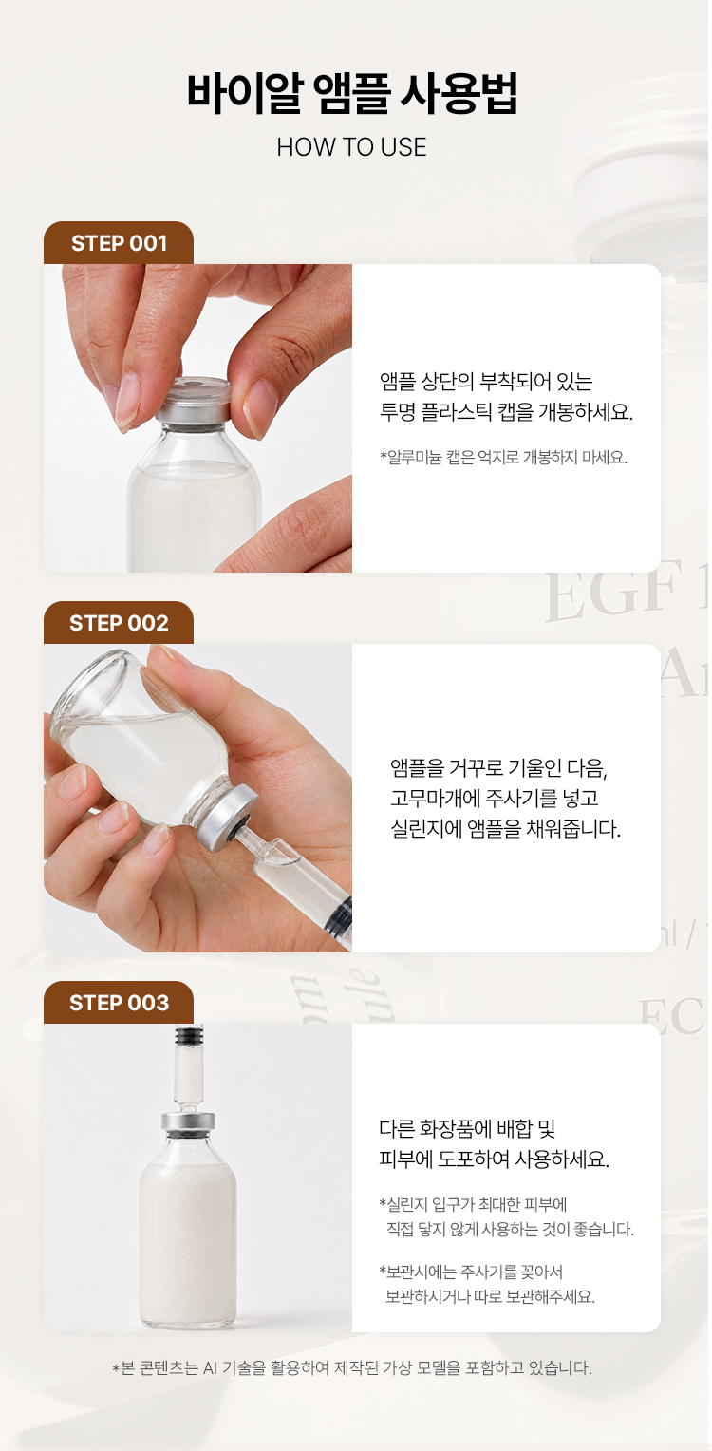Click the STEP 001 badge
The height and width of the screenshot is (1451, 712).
coord(119,243)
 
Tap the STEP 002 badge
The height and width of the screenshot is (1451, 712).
coord(119,623)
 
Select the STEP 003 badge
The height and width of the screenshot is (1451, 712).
coord(119,1002)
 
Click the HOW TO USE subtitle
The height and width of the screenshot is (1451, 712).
coord(351,147)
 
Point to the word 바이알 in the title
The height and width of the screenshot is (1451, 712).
coord(245,93)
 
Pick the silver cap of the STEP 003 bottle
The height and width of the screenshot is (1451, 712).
coord(188,1122)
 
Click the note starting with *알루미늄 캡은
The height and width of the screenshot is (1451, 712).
coord(503,458)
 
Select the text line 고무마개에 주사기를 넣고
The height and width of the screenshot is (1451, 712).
coord(495,798)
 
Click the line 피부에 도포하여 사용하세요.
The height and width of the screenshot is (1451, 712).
coord(494,1159)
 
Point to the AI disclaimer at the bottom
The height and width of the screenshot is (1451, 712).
coord(352,1367)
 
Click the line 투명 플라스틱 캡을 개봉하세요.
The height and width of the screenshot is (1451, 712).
coord(506,412)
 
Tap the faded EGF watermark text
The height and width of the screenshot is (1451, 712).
coord(626,591)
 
